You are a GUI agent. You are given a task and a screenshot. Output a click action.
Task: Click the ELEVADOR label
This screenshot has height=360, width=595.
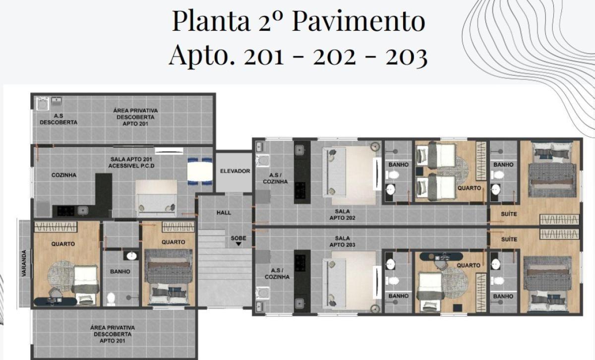tap(235, 171)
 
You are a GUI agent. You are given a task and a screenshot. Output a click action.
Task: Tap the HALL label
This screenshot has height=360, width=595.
tap(224, 213)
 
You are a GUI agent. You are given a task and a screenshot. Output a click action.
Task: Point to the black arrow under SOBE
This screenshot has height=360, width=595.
tap(238, 244)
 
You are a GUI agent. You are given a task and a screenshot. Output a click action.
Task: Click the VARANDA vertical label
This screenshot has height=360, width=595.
tap(24, 263)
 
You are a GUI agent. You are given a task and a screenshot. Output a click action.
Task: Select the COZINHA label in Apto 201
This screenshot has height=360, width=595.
tap(64, 175)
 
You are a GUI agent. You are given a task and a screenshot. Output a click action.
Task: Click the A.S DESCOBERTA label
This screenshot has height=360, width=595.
tap(59, 119)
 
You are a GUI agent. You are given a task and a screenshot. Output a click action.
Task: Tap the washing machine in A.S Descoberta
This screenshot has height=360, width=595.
tap(43, 104)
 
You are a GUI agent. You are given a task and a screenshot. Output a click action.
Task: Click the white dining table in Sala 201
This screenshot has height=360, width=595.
tap(200, 172)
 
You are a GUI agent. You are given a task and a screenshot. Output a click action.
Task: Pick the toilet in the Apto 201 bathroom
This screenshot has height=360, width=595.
tap(111, 299)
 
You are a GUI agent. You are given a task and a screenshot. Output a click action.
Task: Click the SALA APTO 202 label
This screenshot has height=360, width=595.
tap(342, 215)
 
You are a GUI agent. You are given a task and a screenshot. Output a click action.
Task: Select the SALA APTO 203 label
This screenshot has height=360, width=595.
tap(342, 241)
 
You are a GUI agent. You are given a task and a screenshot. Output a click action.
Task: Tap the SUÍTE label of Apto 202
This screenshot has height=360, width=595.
tap(509, 214)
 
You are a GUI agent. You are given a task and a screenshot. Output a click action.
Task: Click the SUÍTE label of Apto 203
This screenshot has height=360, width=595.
tap(509, 240)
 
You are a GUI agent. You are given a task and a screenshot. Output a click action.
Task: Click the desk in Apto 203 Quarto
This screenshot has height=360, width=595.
tap(441, 257)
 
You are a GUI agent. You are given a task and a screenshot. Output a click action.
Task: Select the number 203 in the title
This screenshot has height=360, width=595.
tap(407, 56)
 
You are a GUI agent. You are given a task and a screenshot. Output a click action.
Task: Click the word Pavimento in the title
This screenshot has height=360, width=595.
tap(358, 21)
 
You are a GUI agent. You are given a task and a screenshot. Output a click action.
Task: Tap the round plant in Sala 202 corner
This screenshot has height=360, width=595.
tap(375, 146)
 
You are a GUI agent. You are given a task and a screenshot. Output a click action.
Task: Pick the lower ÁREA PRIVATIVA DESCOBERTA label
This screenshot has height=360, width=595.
tap(113, 334)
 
